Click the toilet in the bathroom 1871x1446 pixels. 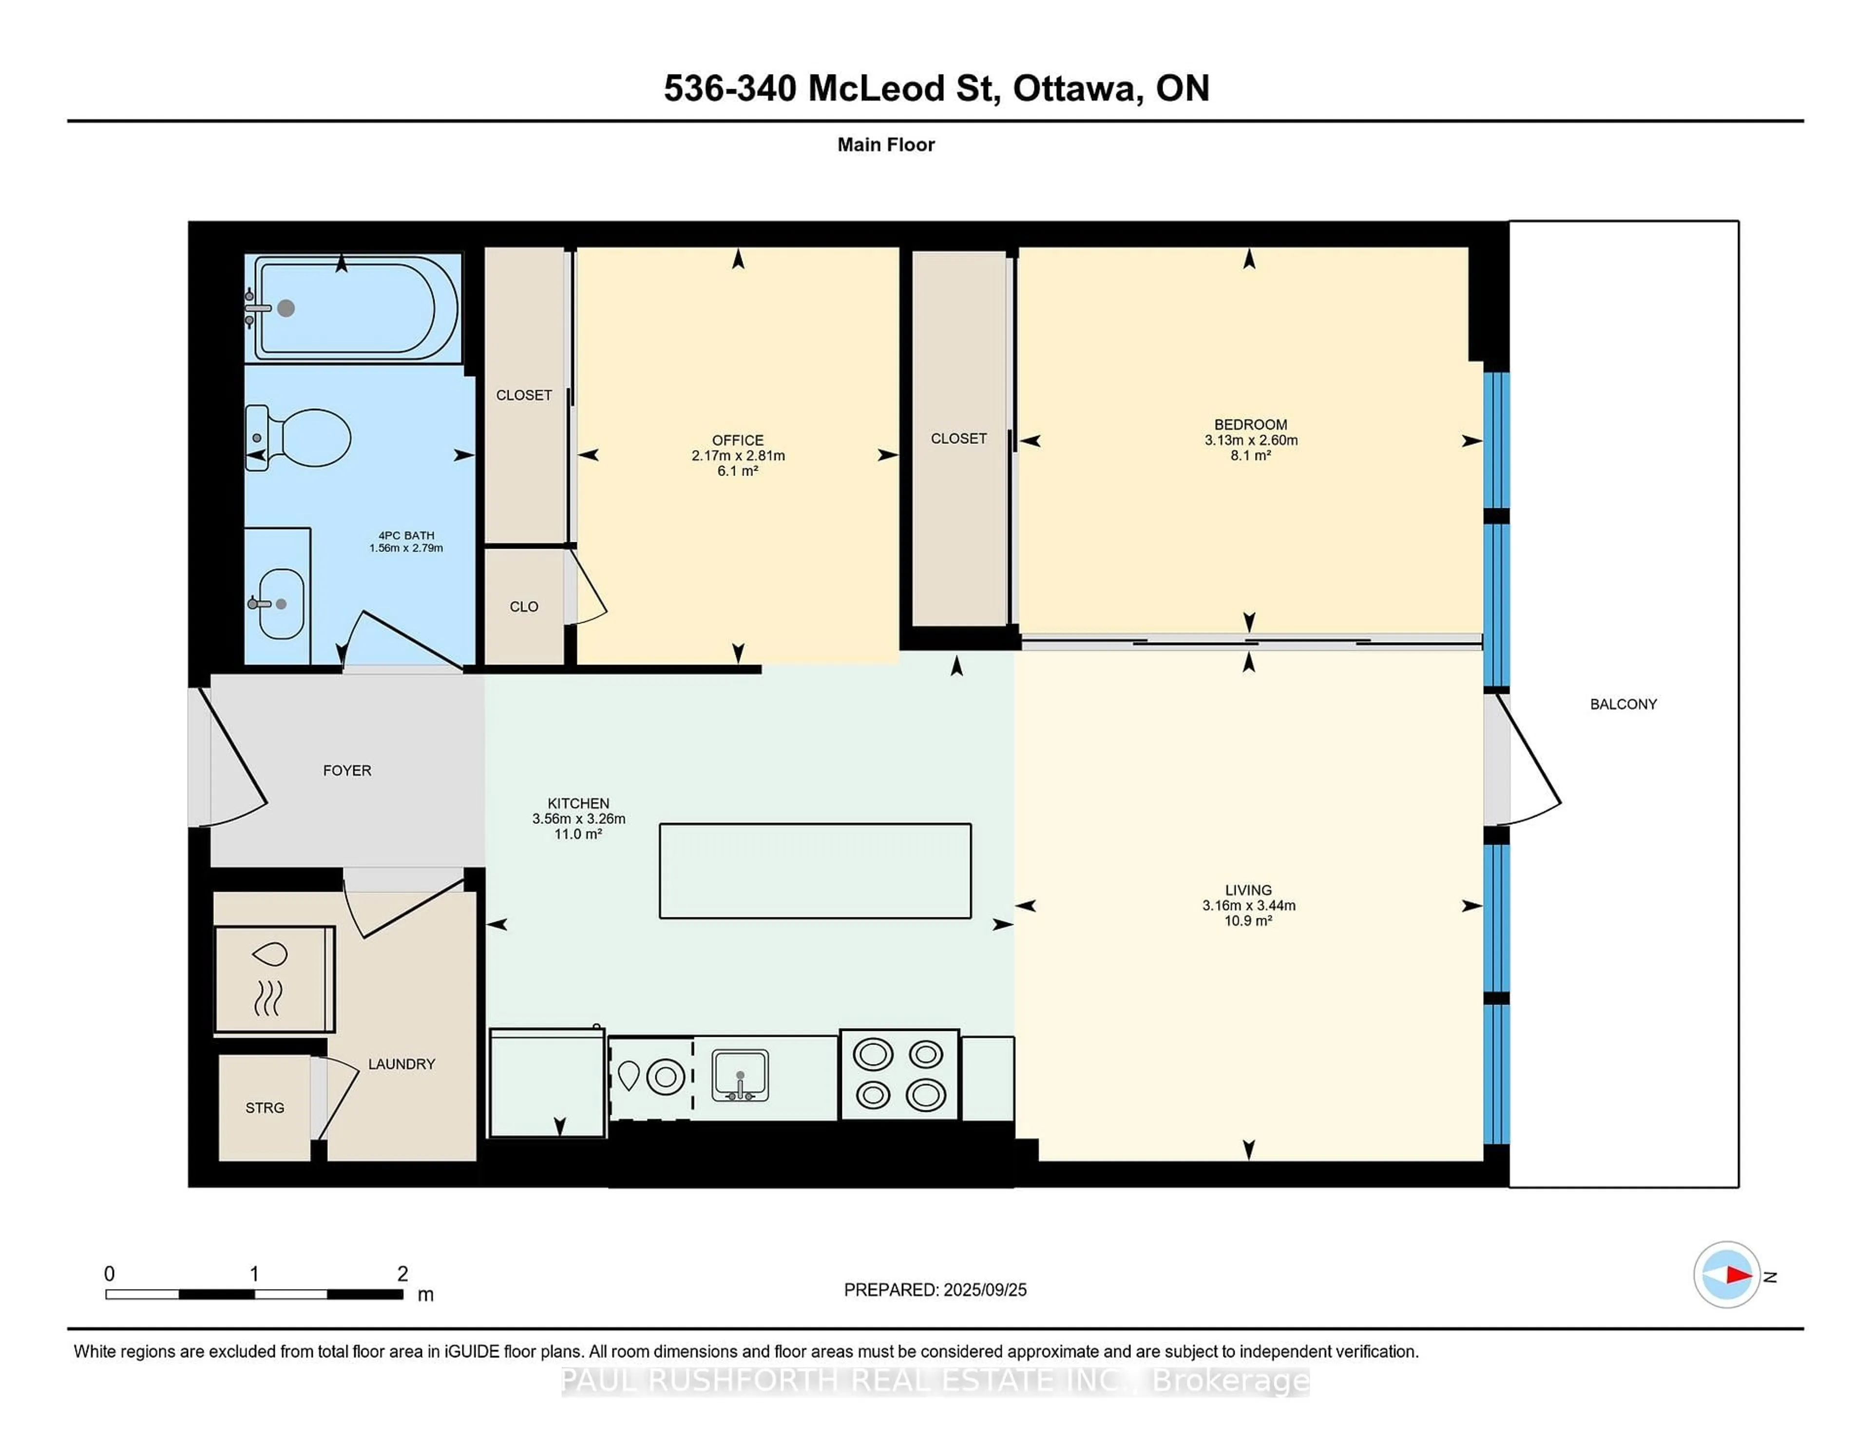[x=299, y=437]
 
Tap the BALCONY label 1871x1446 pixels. [x=1623, y=704]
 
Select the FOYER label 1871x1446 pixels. [x=347, y=771]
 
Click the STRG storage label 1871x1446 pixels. [x=265, y=1107]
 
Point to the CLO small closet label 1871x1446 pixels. [x=524, y=607]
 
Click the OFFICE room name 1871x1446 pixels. [x=738, y=440]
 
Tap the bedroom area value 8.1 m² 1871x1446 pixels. [x=1251, y=456]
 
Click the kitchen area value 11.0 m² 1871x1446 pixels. [x=578, y=834]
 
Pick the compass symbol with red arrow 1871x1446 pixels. [x=1726, y=1275]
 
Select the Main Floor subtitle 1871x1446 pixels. [x=886, y=145]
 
